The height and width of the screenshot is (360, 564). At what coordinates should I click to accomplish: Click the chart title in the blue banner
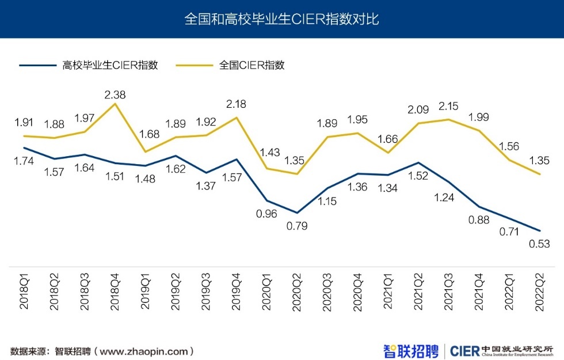tap(281, 19)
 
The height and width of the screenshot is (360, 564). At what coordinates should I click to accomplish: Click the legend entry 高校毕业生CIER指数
tap(110, 65)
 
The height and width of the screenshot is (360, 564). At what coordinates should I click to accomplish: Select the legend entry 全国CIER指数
tap(251, 65)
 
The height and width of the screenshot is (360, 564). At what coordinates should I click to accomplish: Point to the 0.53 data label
tap(539, 244)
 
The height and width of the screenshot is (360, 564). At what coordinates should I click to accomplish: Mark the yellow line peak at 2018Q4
tap(116, 104)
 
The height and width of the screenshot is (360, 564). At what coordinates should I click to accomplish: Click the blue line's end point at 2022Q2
tap(539, 230)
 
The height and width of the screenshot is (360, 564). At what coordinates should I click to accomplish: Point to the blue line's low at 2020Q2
tap(296, 213)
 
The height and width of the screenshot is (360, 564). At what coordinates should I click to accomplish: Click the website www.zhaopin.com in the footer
tap(144, 351)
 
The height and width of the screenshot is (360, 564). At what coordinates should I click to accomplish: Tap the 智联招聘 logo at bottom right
tap(411, 350)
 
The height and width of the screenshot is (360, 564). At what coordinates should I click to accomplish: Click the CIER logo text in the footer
tap(464, 350)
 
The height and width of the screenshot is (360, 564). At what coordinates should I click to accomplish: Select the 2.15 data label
tap(448, 107)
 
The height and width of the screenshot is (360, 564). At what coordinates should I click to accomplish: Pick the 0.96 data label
tap(266, 214)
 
